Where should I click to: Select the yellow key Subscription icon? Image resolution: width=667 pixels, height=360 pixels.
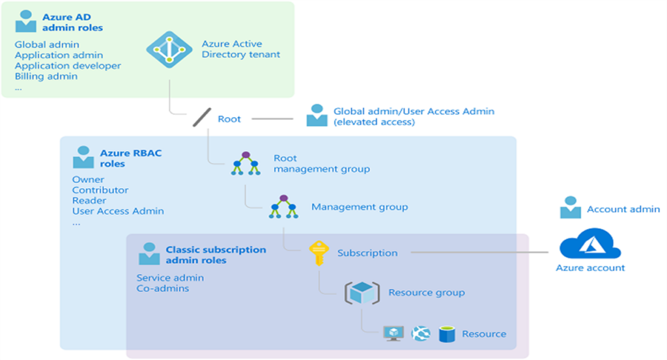[318, 253]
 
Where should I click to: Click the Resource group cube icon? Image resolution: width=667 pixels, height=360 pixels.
[361, 292]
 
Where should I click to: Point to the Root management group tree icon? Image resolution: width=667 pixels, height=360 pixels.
[246, 163]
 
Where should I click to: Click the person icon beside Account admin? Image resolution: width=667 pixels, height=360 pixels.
[571, 208]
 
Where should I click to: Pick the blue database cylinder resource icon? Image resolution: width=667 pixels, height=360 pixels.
[447, 334]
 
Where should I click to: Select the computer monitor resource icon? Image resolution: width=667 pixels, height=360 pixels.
[394, 334]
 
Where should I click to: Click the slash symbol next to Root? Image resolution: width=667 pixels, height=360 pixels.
[201, 119]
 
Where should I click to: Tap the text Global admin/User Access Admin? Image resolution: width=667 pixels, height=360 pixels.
[414, 111]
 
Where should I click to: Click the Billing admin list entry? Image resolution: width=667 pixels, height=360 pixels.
[46, 76]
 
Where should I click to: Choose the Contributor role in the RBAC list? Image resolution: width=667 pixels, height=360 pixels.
[100, 190]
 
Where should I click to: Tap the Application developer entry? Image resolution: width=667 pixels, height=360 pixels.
[68, 66]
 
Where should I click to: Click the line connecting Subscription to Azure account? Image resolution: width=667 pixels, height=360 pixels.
[482, 253]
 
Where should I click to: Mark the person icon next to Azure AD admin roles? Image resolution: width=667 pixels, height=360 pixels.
[26, 21]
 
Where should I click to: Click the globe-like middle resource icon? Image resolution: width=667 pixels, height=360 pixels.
[421, 334]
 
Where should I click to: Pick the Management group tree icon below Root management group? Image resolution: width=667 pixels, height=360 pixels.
[283, 207]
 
